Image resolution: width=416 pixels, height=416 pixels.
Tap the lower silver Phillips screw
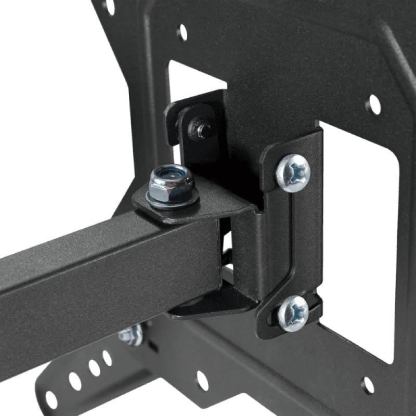coord(292,313)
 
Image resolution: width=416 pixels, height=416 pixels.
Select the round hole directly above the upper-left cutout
coord(182,32)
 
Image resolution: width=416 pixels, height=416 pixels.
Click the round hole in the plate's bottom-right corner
coord(368,385)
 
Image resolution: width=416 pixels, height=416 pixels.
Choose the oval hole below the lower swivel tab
coord(202,381)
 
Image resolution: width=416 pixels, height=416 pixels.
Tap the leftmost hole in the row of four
coord(51,399)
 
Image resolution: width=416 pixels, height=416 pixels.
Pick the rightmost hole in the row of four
coord(107,358)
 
